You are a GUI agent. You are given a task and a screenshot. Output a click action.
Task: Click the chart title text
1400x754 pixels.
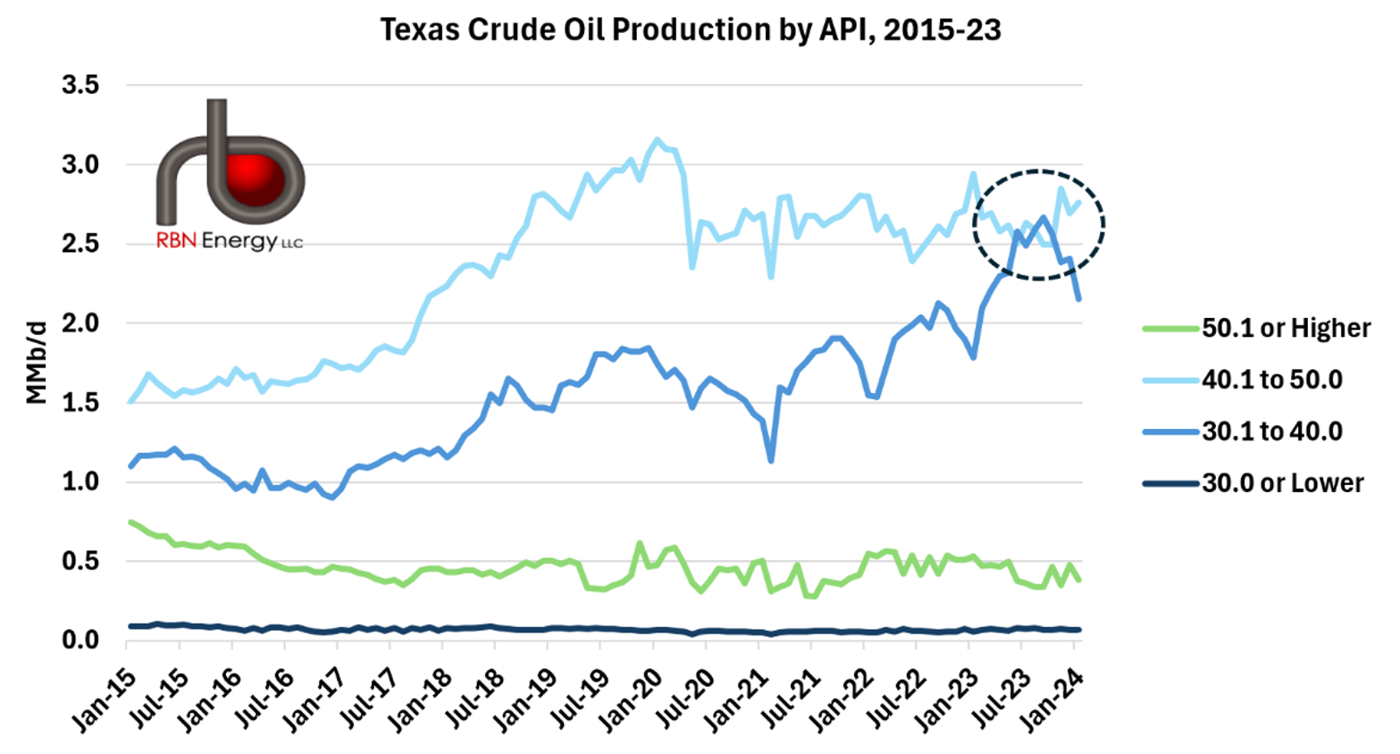[690, 29]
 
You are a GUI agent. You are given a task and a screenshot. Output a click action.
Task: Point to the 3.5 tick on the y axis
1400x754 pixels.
[80, 86]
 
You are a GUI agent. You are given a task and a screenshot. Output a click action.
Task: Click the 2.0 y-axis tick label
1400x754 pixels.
[80, 323]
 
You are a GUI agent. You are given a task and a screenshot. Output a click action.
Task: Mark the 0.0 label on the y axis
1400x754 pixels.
[80, 641]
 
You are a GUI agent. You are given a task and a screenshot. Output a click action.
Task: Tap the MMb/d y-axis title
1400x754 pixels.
[36, 363]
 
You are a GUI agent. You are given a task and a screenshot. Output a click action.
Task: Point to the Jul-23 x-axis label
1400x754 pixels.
[998, 702]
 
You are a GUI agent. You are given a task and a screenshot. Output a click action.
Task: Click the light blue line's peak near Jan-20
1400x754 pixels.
[658, 139]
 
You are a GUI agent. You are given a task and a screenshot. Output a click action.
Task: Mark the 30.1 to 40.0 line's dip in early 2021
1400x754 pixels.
[770, 460]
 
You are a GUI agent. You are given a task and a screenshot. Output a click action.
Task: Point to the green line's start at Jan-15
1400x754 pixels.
[130, 522]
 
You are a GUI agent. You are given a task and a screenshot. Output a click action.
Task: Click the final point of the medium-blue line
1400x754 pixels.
[1078, 298]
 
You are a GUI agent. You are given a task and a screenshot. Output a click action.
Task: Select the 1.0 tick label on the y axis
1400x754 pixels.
[80, 482]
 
